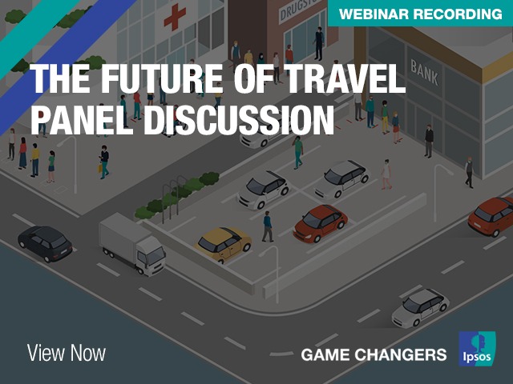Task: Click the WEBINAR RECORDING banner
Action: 420,14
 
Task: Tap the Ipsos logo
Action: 477,349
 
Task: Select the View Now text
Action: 67,354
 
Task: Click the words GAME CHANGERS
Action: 374,355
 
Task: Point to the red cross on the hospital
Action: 175,17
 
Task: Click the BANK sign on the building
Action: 424,73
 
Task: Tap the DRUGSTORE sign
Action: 297,10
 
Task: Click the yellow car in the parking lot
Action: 224,243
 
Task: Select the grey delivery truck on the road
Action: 132,243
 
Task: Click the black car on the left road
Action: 45,243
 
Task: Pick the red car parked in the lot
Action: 321,223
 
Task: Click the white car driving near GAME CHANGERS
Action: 420,307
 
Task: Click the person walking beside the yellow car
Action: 268,226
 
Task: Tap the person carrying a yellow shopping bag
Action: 103,162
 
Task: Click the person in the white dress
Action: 386,174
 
